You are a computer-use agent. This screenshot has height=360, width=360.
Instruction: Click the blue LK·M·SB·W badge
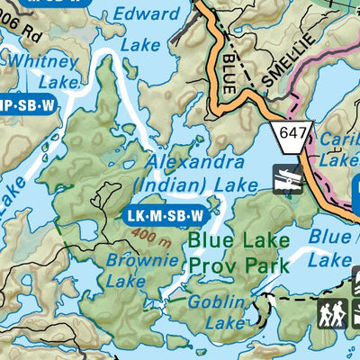pyautogui.click(x=165, y=216)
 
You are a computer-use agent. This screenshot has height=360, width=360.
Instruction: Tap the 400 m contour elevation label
pyautogui.click(x=143, y=237)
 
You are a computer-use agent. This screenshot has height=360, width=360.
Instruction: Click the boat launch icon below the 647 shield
pyautogui.click(x=288, y=178)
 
